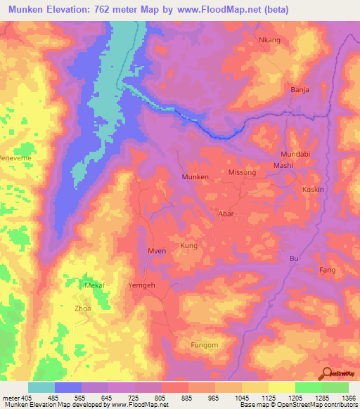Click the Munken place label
(x=195, y=177)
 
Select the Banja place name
(x=300, y=90)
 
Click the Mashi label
(x=283, y=165)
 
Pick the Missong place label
(x=242, y=172)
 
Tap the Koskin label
(x=312, y=190)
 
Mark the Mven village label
(x=157, y=251)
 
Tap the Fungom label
(x=205, y=345)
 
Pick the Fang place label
(x=327, y=270)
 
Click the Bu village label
(x=294, y=259)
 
